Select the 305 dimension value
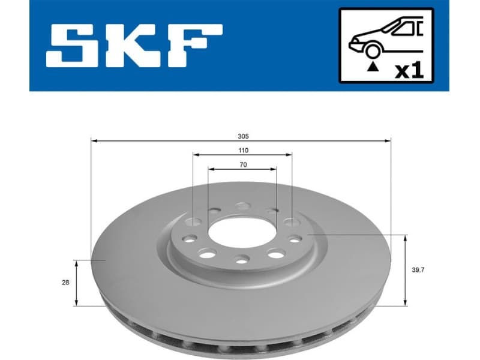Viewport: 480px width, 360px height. click(241, 134)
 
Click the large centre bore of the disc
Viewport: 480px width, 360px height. click(242, 230)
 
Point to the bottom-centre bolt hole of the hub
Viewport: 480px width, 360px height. click(241, 259)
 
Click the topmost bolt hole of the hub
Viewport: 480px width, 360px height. click(242, 206)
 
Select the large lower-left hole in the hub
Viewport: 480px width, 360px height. click(208, 253)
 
